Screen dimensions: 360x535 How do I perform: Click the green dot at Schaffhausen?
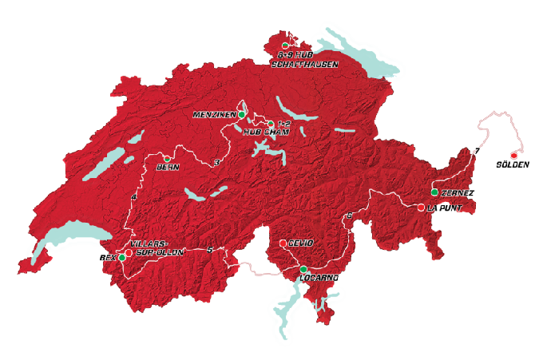[285, 45]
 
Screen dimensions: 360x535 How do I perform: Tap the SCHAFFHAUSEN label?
[306, 63]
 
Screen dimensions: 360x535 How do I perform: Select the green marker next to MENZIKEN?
[242, 115]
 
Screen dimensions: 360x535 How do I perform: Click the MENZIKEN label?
[215, 115]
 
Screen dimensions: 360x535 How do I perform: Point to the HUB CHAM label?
[260, 132]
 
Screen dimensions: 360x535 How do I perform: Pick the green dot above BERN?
[167, 158]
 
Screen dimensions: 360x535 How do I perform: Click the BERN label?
[168, 167]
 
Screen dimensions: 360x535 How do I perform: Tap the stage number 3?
[216, 163]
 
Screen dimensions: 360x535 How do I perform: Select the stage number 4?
[135, 197]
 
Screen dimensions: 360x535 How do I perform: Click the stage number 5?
[209, 251]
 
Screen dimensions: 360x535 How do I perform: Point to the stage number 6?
[349, 216]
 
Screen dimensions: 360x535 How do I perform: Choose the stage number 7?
[477, 150]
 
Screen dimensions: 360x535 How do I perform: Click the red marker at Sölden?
[513, 155]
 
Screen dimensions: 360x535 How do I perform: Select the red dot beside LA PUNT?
[421, 208]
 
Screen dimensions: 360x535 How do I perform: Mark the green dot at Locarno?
[303, 269]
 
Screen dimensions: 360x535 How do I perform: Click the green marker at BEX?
[122, 258]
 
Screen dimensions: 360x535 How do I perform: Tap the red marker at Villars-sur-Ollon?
[129, 252]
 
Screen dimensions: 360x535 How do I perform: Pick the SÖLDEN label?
[513, 164]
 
